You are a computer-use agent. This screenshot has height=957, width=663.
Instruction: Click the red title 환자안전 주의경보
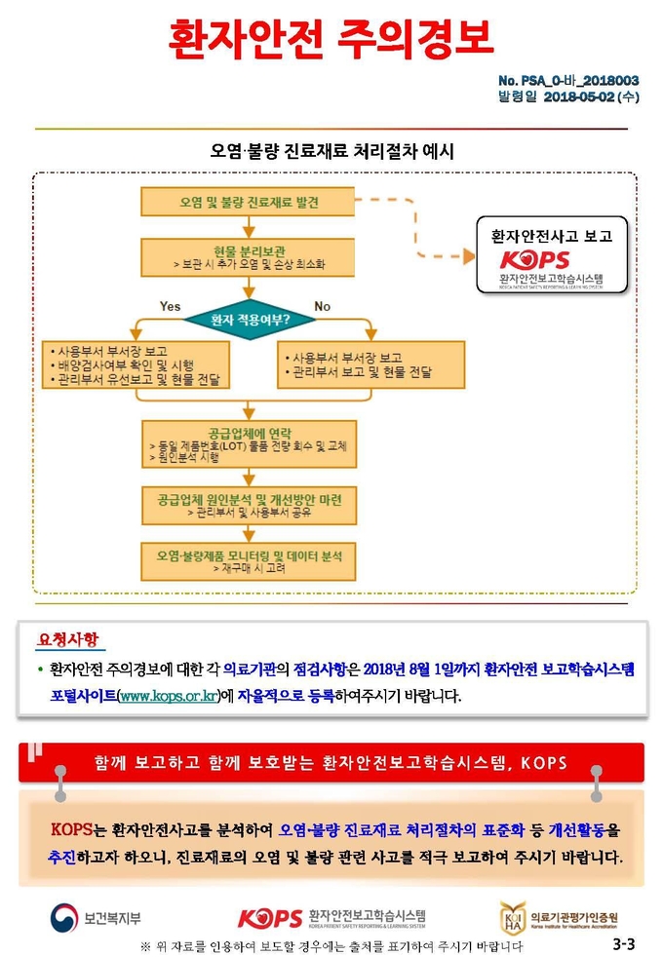(331, 38)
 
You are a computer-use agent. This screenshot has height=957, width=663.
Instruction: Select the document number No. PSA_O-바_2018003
(568, 81)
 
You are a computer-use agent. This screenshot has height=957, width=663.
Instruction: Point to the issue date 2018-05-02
(579, 96)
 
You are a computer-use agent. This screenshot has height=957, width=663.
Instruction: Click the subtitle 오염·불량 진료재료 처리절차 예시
(331, 151)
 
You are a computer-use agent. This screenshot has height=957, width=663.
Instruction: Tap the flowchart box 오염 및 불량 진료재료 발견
(248, 202)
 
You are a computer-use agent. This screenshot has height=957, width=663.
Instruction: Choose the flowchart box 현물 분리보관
(248, 257)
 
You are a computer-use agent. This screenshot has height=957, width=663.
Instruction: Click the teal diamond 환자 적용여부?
(250, 320)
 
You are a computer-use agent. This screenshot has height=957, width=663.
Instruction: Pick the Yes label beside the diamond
(170, 306)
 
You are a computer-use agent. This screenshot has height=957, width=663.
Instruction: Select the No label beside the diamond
(323, 306)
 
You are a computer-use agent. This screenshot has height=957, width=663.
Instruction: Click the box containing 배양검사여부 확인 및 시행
(136, 365)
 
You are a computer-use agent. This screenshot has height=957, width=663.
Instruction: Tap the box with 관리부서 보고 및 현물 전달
(371, 365)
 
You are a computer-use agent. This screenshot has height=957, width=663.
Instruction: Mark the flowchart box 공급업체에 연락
(249, 444)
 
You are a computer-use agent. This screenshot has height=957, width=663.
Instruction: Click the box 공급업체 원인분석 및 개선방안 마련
(249, 506)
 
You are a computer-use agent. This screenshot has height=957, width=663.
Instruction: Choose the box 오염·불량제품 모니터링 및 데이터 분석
(249, 561)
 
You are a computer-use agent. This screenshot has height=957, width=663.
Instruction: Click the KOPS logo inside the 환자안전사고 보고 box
(535, 259)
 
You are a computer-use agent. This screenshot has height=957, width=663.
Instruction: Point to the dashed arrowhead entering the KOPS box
(469, 256)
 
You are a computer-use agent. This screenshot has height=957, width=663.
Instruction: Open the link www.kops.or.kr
(169, 696)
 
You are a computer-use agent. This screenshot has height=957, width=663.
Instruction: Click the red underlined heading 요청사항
(67, 639)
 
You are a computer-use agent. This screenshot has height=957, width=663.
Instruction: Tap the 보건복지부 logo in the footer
(96, 917)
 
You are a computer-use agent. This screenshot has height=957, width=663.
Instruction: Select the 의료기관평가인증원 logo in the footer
(558, 917)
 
